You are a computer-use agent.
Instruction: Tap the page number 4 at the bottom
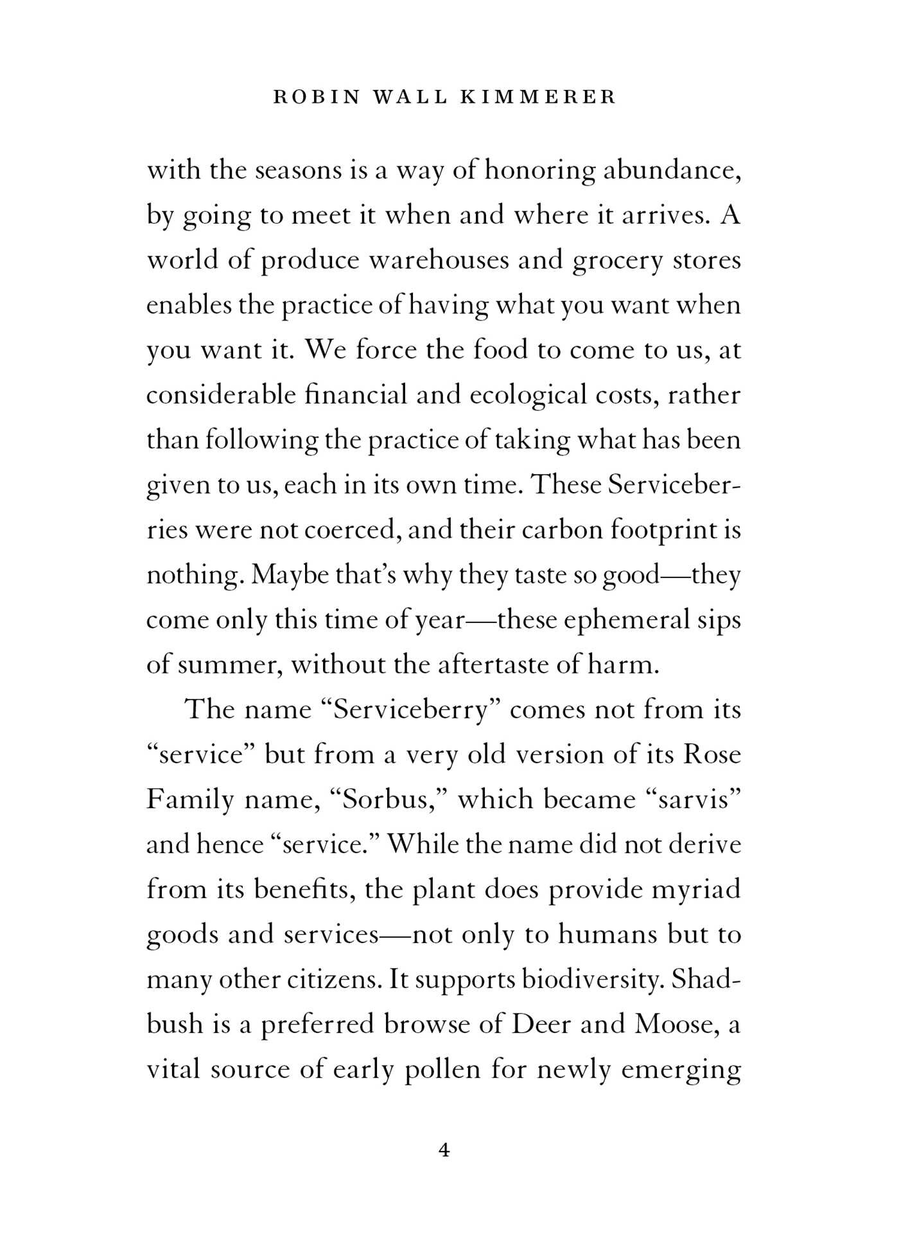[x=444, y=1150]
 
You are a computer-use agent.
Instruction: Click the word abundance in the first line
[x=672, y=170]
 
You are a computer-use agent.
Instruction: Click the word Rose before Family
[x=712, y=755]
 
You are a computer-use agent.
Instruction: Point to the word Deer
[x=541, y=1025]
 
